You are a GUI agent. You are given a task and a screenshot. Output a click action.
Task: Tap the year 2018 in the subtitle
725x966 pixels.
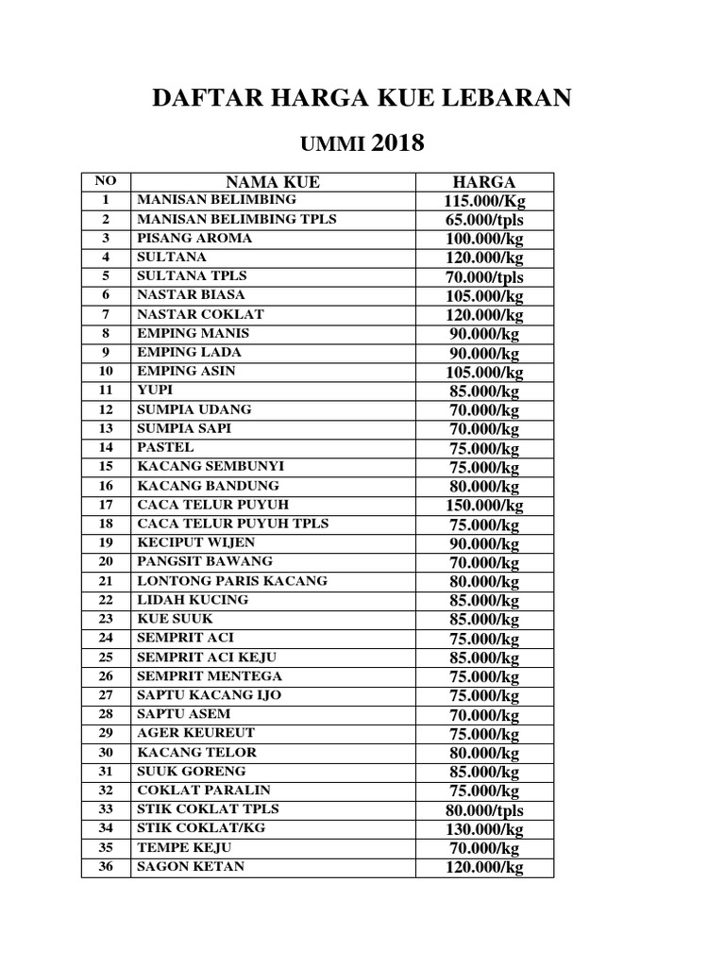tap(398, 143)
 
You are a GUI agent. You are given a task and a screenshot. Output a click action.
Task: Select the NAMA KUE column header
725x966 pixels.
tap(272, 182)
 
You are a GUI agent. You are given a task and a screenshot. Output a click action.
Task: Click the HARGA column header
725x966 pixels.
tap(483, 182)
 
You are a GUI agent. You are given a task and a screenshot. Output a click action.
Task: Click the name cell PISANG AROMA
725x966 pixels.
tap(194, 238)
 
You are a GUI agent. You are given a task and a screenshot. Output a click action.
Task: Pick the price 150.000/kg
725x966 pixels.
tap(483, 506)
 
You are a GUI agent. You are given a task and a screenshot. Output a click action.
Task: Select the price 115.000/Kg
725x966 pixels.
tap(483, 201)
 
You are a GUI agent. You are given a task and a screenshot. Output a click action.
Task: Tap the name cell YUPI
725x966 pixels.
tap(156, 390)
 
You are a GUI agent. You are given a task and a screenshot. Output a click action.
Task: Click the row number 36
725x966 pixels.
tap(106, 866)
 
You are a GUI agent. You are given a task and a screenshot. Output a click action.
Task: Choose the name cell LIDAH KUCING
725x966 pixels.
tap(193, 600)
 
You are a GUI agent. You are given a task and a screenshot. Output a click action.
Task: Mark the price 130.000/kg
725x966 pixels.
tap(483, 829)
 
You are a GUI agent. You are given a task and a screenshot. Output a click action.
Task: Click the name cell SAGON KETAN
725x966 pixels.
tap(191, 866)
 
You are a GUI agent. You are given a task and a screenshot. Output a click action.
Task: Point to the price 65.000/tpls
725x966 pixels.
tap(483, 220)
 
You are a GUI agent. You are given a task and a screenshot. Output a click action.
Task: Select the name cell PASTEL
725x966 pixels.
tap(165, 447)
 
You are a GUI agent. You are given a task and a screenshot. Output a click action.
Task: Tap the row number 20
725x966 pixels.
tap(106, 561)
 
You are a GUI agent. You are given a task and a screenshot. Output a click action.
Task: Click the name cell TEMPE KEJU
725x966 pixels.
tap(184, 847)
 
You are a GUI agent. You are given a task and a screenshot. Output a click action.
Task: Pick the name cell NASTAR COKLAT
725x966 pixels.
tap(200, 314)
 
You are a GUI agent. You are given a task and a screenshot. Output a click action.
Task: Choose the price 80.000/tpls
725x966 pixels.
tap(483, 810)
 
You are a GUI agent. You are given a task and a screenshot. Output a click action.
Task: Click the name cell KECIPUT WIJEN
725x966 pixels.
tap(196, 542)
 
